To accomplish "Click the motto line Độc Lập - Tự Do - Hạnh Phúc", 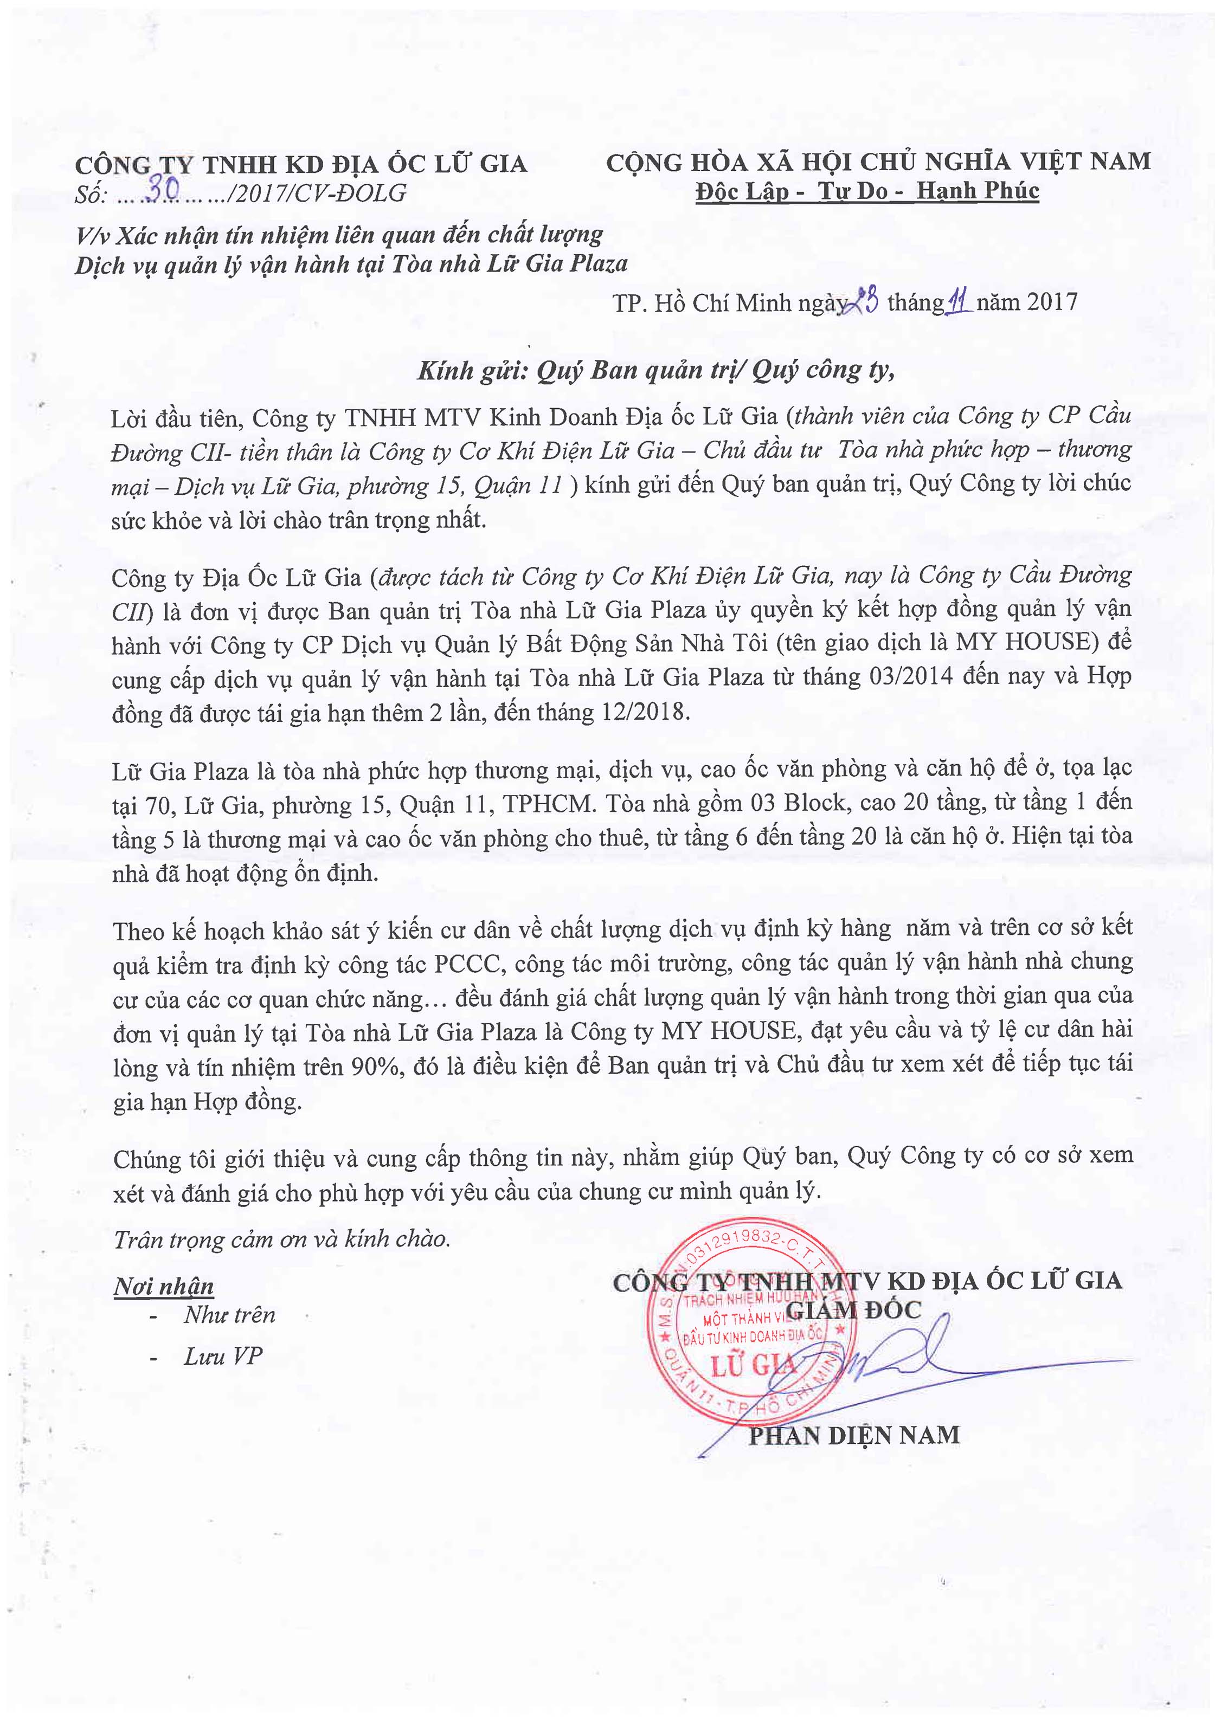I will tap(867, 191).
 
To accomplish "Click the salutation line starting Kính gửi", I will tap(656, 370).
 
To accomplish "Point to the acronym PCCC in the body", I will tap(466, 964).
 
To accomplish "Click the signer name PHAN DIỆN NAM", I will tap(854, 1435).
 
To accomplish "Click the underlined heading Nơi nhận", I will tap(164, 1286).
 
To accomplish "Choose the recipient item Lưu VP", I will tap(223, 1357).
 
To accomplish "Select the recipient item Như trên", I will tap(229, 1315).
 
